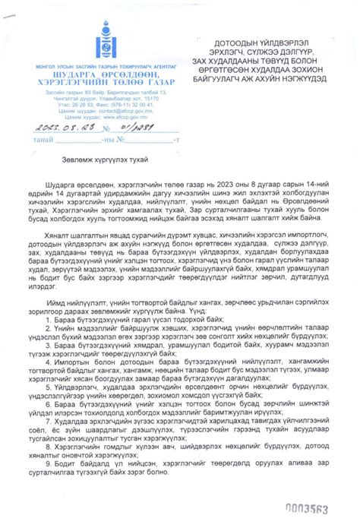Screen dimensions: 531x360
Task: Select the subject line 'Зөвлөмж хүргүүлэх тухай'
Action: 106,158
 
